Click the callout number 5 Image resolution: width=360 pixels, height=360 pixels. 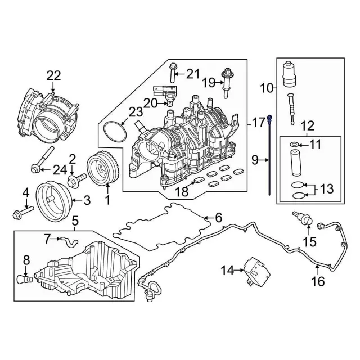pyautogui.click(x=75, y=220)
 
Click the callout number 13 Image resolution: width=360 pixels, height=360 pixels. pyautogui.click(x=327, y=188)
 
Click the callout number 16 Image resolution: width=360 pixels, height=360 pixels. pyautogui.click(x=318, y=281)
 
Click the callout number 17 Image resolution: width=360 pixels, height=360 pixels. pyautogui.click(x=258, y=121)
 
